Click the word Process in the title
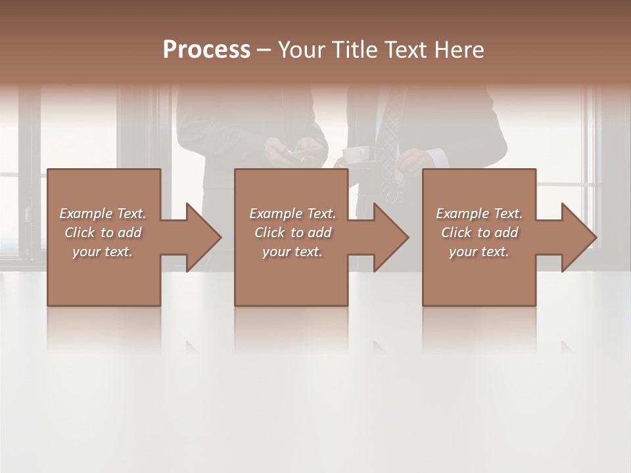(x=206, y=50)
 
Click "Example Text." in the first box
(x=103, y=214)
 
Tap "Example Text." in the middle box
(x=292, y=214)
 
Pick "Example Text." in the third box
(x=479, y=214)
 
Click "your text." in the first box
(x=103, y=252)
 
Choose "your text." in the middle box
(x=292, y=252)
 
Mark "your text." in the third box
(x=479, y=252)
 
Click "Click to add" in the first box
(x=103, y=233)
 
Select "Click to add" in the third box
(x=479, y=233)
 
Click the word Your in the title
(x=299, y=50)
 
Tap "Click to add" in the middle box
(x=292, y=233)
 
